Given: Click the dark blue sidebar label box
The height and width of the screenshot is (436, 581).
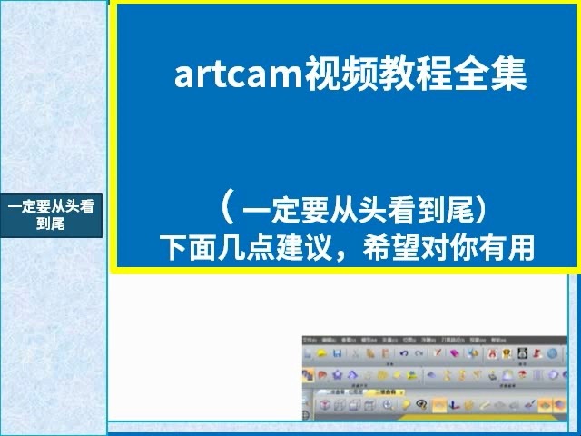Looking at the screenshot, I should click(x=51, y=214).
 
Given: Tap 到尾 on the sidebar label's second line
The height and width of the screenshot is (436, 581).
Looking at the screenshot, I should click(x=51, y=223).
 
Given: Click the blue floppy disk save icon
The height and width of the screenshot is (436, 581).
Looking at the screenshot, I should click(x=336, y=352).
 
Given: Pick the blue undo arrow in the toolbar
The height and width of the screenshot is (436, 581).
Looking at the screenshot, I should click(x=403, y=352).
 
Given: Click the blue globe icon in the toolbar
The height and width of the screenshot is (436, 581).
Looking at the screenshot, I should click(x=551, y=352).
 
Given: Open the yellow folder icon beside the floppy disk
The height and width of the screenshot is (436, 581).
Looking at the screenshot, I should click(x=320, y=352).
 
